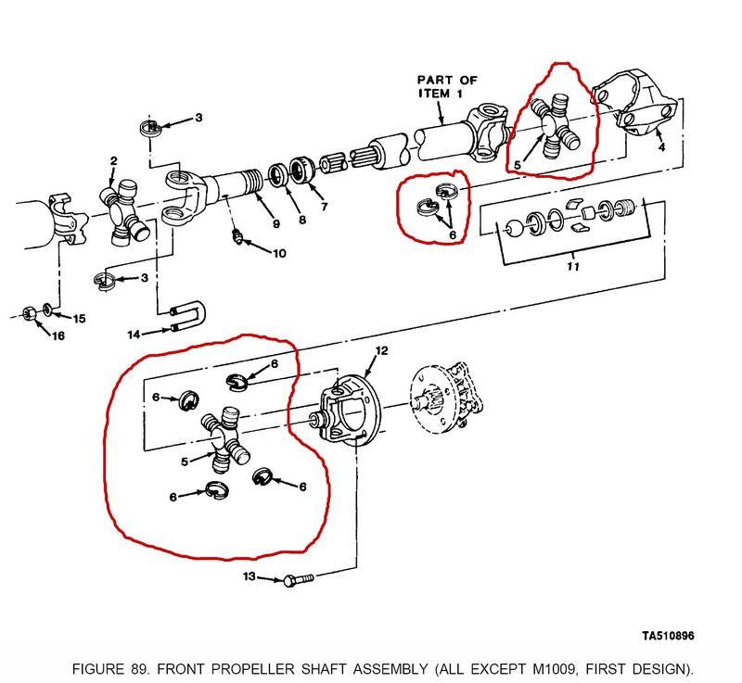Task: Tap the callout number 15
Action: click(80, 319)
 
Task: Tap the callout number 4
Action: click(660, 146)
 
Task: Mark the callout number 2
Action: click(113, 161)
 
